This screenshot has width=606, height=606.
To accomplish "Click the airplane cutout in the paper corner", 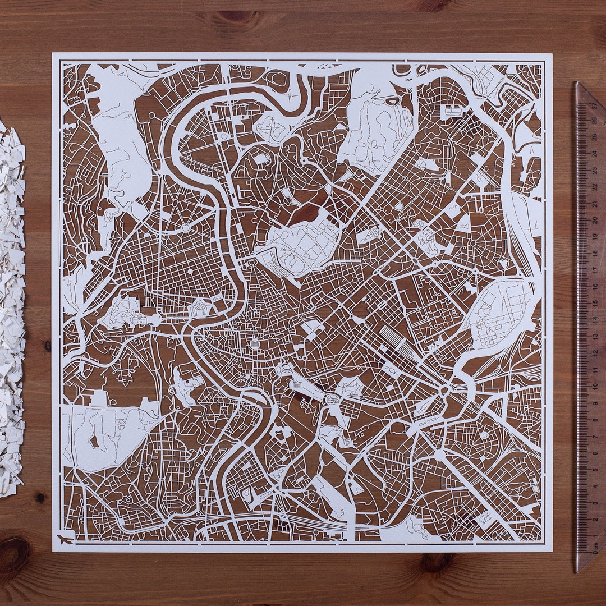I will click(x=66, y=540).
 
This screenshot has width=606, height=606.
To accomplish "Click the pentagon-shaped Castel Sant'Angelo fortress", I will click(x=200, y=307).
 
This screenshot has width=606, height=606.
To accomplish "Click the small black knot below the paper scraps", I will click(x=40, y=497).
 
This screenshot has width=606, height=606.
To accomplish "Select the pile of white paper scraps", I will click(x=11, y=309).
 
